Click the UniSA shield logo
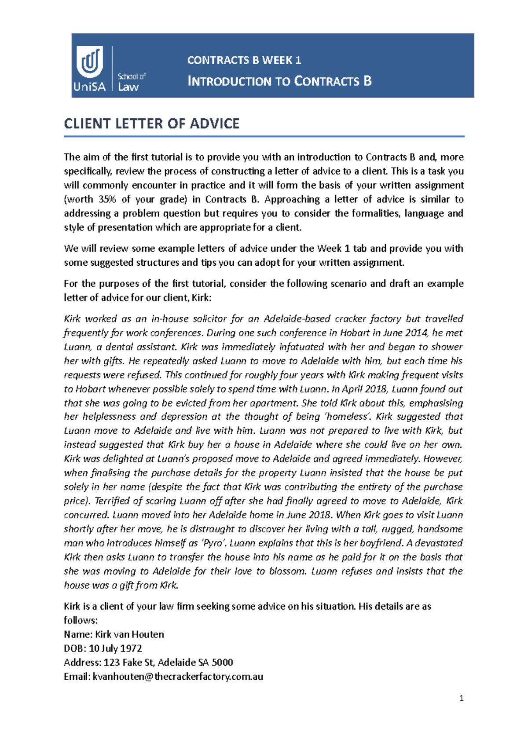pyautogui.click(x=90, y=62)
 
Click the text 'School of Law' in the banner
pyautogui.click(x=131, y=82)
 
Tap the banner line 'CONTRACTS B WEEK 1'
pyautogui.click(x=244, y=60)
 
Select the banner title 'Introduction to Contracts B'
pyautogui.click(x=279, y=81)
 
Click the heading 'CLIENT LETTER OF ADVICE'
pyautogui.click(x=152, y=124)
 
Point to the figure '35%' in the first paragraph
pyautogui.click(x=107, y=199)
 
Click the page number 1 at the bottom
pyautogui.click(x=461, y=698)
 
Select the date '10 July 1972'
pyautogui.click(x=115, y=648)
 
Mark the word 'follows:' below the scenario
pyautogui.click(x=81, y=620)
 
